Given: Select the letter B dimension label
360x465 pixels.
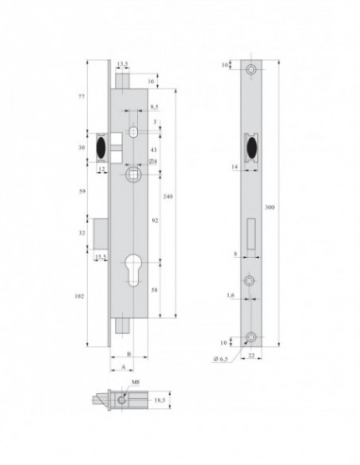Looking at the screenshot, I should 127,359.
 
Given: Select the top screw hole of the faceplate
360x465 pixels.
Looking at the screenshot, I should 250,71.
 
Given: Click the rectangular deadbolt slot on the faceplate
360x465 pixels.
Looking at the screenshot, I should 250,232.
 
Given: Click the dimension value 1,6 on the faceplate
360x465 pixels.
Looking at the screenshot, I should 231,296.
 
